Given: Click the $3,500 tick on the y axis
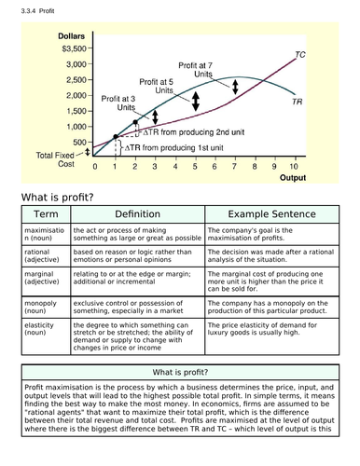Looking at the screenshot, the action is coord(74,48).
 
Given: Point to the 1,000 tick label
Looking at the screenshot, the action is coord(75,126).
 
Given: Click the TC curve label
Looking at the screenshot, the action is coord(299,56).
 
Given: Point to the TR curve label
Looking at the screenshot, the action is coord(296,101).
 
